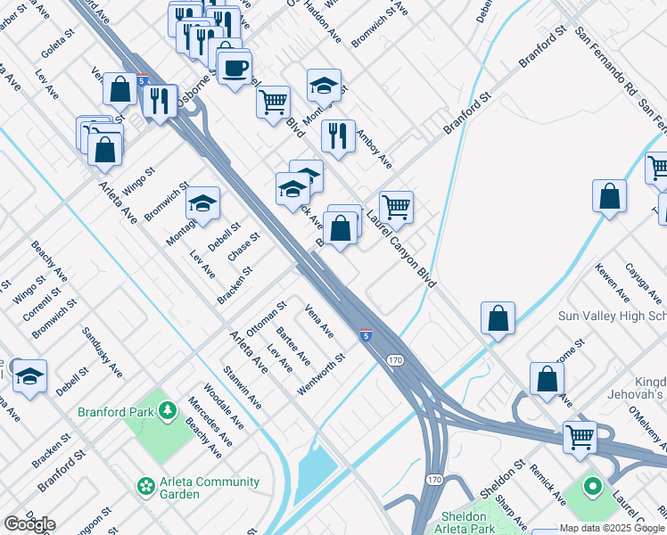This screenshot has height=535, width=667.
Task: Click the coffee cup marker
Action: point(235,68)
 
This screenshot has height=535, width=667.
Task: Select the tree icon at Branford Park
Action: point(167,410)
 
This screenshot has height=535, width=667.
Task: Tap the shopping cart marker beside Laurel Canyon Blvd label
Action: point(396,207)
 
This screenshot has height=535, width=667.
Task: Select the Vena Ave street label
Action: point(318,322)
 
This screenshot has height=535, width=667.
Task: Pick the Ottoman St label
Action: point(267,318)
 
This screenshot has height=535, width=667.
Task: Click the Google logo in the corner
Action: point(29,524)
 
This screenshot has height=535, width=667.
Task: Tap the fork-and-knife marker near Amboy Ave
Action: point(338,136)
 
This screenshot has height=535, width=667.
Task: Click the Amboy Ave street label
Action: point(374,149)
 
